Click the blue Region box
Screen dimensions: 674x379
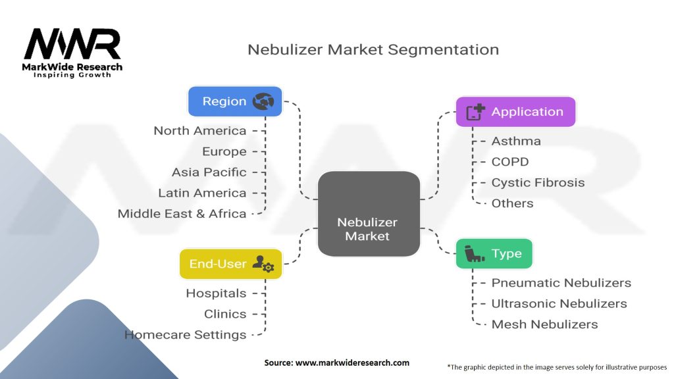[x=235, y=101]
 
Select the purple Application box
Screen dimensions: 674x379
[x=515, y=112]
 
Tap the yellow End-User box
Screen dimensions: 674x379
[x=231, y=264]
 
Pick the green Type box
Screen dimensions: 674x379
[x=494, y=253]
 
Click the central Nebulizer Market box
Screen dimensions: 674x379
[x=369, y=214]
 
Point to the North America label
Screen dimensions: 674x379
[x=200, y=131]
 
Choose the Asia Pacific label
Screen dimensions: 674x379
[x=209, y=172]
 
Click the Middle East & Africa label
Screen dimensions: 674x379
[x=182, y=214]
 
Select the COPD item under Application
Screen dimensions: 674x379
[x=510, y=162]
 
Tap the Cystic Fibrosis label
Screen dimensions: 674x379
[x=538, y=183]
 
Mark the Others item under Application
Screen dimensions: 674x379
[x=512, y=203]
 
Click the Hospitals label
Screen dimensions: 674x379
[x=216, y=293]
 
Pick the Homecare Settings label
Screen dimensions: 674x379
[x=185, y=335]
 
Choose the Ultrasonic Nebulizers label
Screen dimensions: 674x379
[x=559, y=304]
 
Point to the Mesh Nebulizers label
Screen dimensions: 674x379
[x=544, y=324]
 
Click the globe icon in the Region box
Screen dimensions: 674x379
[x=263, y=101]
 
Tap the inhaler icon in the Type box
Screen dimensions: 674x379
[x=475, y=253]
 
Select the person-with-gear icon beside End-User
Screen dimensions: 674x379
[x=263, y=264]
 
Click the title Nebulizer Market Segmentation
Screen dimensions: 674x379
[x=373, y=49]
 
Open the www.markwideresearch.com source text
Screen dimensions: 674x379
[x=353, y=363]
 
